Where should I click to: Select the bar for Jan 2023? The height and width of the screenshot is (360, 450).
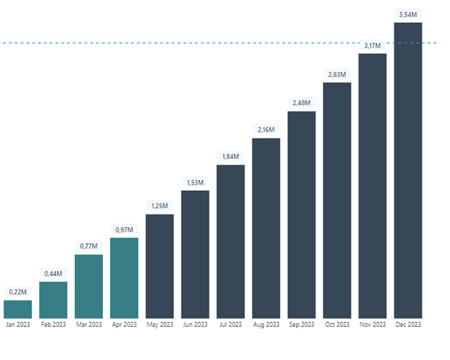click(17, 310)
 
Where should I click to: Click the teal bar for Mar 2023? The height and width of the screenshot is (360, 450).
click(89, 287)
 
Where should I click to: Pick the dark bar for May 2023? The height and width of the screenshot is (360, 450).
click(160, 266)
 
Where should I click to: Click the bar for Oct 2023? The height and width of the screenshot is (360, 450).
click(337, 201)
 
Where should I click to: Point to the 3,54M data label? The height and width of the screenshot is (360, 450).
click(408, 14)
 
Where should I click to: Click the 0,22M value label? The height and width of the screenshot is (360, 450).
click(17, 292)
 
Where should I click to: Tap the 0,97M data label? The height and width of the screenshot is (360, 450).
click(125, 229)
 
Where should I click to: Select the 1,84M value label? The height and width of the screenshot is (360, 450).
click(230, 156)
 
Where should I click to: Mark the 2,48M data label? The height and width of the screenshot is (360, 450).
click(302, 103)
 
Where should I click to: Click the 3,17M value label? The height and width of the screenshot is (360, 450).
click(372, 45)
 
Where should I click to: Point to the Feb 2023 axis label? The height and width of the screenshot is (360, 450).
click(53, 325)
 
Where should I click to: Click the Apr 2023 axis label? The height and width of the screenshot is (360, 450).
click(125, 325)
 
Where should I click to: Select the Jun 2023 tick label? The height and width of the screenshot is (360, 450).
click(195, 325)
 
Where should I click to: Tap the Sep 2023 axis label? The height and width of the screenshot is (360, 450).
click(302, 325)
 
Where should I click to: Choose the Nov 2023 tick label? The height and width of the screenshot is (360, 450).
click(372, 325)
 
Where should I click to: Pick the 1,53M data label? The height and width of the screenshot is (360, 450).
click(195, 182)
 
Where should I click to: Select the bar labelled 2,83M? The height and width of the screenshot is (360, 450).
click(337, 201)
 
